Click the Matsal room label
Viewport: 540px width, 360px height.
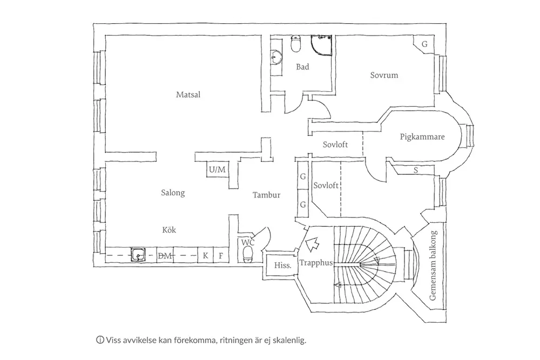(188, 94)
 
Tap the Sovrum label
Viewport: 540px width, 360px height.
(384, 75)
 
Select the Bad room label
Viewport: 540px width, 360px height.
(302, 67)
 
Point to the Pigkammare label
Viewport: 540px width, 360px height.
(422, 137)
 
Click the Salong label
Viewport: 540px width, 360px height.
(173, 193)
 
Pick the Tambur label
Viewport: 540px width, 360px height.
(267, 195)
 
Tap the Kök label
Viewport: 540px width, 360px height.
(169, 230)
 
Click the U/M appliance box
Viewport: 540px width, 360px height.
(217, 170)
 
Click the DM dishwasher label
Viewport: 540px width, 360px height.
(165, 256)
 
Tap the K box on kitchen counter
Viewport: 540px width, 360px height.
(205, 255)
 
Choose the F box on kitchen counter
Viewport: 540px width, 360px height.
(221, 255)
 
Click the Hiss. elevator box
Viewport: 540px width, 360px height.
(283, 265)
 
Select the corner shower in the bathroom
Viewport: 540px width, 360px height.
(323, 47)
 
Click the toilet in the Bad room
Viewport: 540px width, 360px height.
(296, 45)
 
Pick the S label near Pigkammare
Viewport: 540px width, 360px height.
(415, 171)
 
